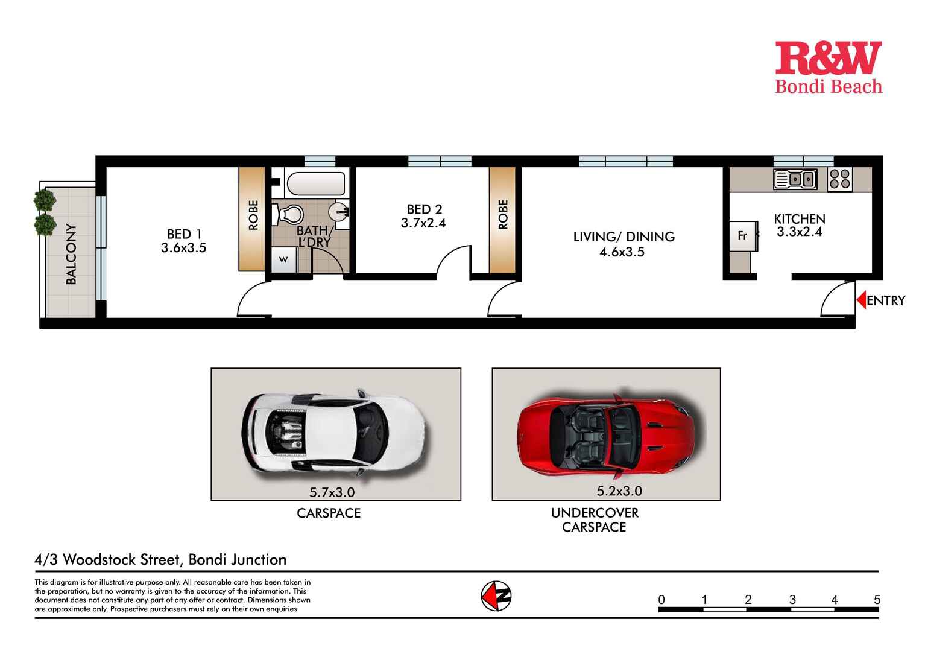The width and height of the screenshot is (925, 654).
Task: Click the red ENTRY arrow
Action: coord(861,300)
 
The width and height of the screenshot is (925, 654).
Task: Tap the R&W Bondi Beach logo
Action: coord(828,68)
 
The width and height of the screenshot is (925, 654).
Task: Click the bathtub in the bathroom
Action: coord(315,183)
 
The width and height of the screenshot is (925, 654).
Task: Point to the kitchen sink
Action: coord(795,179)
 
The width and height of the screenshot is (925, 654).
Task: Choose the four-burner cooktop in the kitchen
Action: coord(839,179)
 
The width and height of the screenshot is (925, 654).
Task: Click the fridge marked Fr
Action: coord(742,236)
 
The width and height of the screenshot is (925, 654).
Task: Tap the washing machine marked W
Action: coord(283,260)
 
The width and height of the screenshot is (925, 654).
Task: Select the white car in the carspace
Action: coord(333,433)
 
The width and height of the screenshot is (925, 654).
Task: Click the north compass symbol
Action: coord(496,597)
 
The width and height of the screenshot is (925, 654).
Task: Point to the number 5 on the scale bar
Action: coord(877,600)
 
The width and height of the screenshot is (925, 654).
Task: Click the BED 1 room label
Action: coord(184,234)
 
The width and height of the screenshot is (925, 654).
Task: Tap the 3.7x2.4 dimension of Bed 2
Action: coord(423,223)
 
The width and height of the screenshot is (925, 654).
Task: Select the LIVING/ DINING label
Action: coord(624,237)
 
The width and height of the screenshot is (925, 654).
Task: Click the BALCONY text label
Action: coord(71,254)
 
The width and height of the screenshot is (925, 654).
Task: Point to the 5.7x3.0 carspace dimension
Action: coord(332,492)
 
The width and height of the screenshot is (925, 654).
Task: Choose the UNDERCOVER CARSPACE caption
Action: coord(594,519)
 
